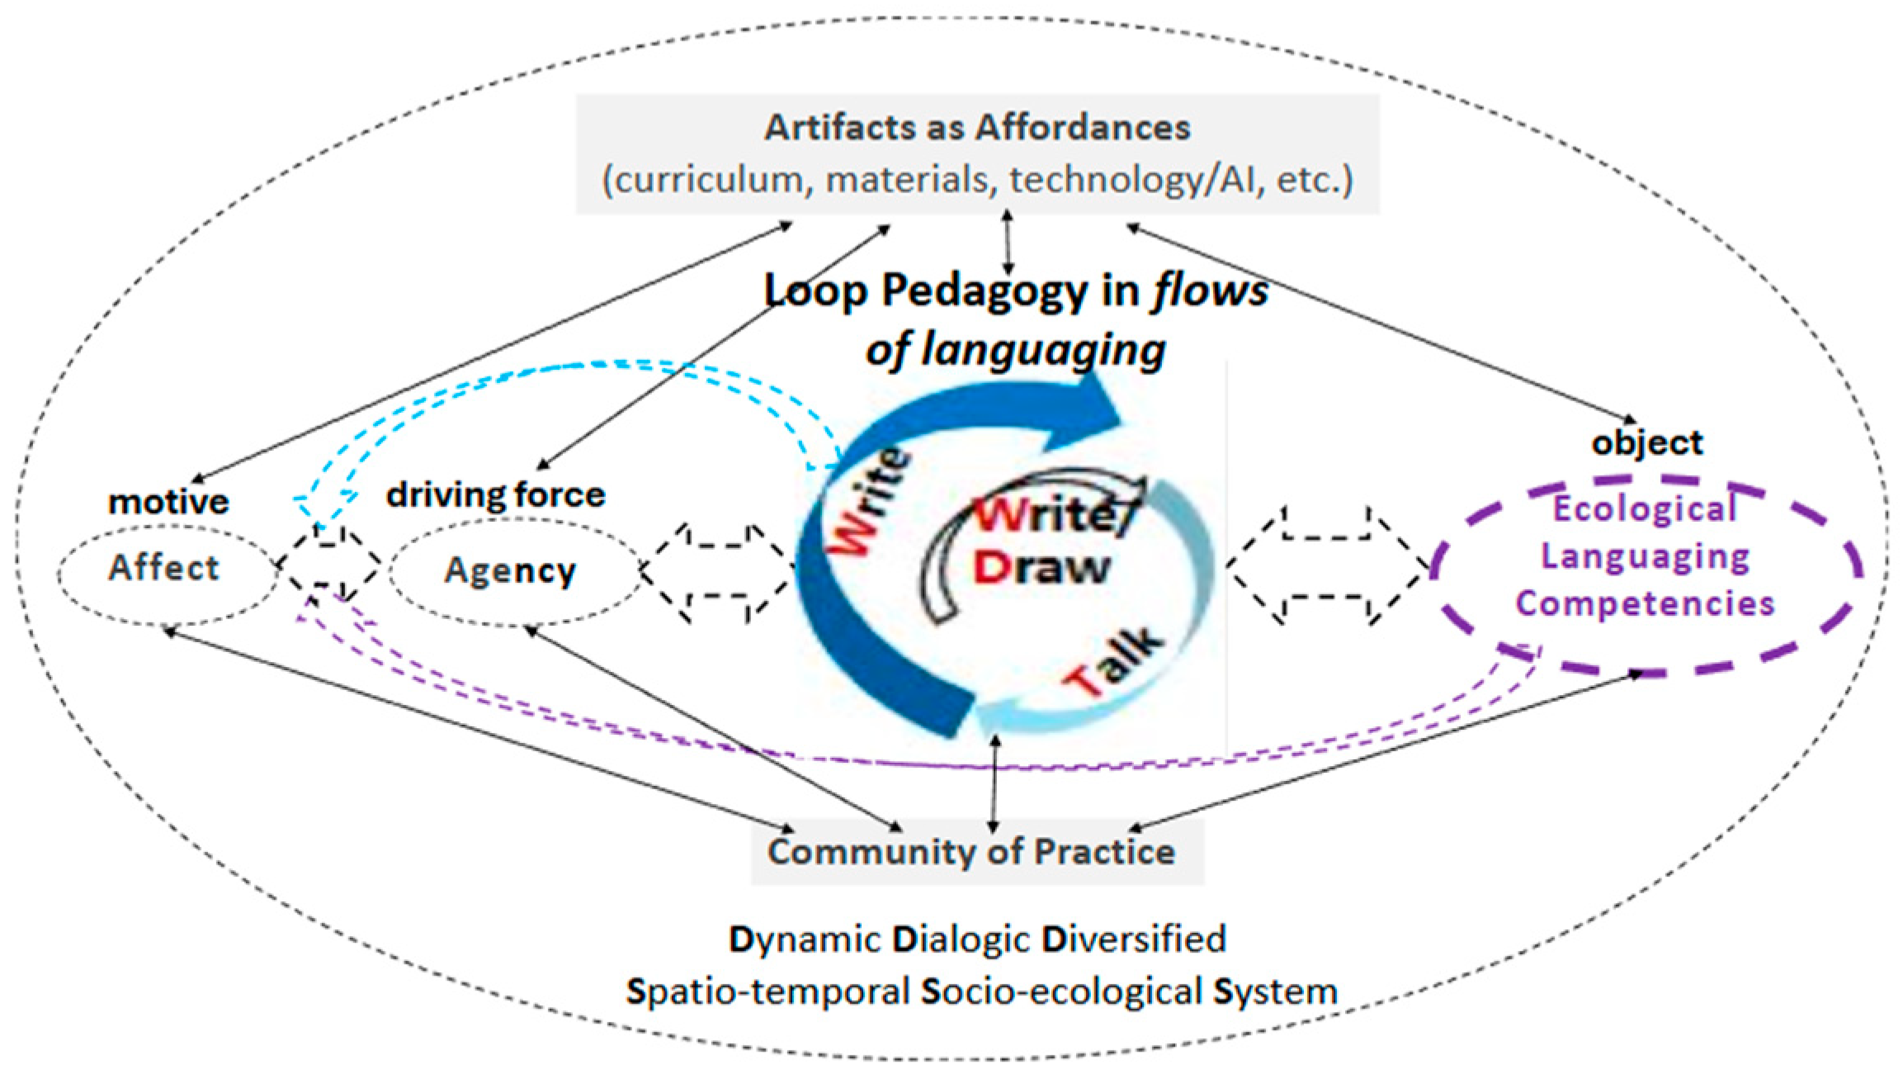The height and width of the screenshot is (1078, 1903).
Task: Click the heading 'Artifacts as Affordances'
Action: tap(977, 128)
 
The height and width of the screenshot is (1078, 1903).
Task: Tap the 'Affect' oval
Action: tap(165, 569)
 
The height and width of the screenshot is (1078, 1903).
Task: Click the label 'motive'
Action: tap(168, 502)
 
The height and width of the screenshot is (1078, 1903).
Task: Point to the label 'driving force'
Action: tap(496, 494)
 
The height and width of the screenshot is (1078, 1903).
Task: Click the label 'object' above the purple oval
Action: tap(1647, 443)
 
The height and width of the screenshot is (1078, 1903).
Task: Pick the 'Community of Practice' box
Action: tap(971, 851)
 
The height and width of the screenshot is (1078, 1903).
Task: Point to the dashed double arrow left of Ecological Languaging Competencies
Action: tap(1327, 565)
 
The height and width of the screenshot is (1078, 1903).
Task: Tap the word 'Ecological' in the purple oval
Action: tap(1645, 508)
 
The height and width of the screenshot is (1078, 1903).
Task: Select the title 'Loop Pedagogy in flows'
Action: tap(1016, 292)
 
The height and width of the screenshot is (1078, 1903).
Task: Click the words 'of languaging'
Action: tap(1015, 350)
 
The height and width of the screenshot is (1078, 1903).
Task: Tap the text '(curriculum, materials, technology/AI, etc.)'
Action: tap(978, 180)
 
